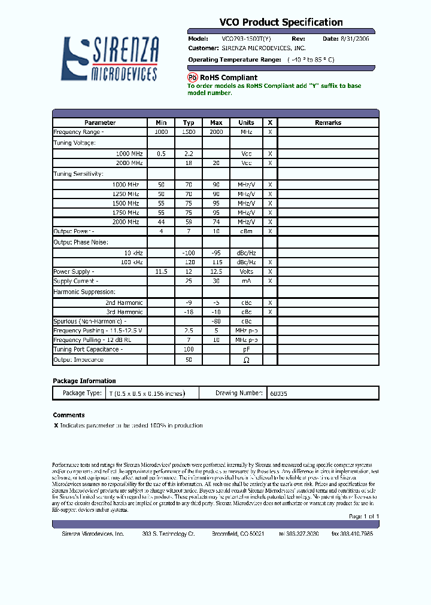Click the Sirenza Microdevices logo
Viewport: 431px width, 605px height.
(111, 58)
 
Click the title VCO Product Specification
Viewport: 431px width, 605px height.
(281, 22)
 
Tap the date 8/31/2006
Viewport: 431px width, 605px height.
(355, 38)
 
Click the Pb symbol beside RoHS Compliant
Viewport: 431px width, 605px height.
(192, 78)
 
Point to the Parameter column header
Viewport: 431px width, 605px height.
(100, 123)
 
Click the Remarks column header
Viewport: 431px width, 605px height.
(327, 123)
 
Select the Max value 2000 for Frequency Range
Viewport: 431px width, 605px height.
(216, 132)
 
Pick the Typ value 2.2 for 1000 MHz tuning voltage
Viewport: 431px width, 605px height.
(189, 154)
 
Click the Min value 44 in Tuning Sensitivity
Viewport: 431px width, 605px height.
(161, 222)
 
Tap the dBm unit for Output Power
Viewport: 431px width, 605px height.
(247, 231)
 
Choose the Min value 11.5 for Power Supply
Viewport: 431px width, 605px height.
(161, 271)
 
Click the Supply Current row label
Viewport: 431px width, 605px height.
(76, 281)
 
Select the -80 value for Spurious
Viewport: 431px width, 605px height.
(216, 321)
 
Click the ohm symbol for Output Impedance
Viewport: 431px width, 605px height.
(247, 360)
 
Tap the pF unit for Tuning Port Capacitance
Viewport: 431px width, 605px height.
(247, 349)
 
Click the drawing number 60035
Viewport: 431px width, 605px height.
(278, 393)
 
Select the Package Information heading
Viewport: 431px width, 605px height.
(84, 381)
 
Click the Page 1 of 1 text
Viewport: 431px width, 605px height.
(364, 516)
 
